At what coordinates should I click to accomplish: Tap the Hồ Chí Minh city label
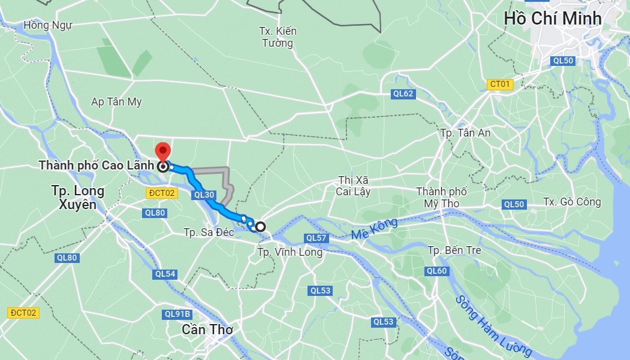click(x=552, y=18)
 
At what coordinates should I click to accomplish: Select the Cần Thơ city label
click(x=207, y=329)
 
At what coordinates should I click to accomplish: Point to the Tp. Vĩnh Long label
click(x=290, y=252)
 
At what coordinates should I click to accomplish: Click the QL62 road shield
click(x=403, y=93)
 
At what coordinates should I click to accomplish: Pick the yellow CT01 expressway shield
click(x=500, y=84)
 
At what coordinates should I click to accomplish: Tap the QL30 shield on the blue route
click(x=205, y=195)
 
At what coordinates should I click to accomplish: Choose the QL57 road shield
click(x=316, y=238)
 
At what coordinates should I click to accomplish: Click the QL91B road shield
click(x=177, y=314)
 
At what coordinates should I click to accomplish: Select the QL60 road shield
click(x=437, y=271)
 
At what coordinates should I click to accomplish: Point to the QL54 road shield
click(x=165, y=274)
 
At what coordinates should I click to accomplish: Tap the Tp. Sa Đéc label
click(x=209, y=232)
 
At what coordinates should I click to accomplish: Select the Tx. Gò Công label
click(x=572, y=202)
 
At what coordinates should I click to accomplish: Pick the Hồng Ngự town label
click(x=48, y=25)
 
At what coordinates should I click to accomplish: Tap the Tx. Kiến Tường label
click(x=278, y=37)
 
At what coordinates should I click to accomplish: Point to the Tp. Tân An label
click(x=465, y=132)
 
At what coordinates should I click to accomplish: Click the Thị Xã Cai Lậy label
click(x=354, y=186)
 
